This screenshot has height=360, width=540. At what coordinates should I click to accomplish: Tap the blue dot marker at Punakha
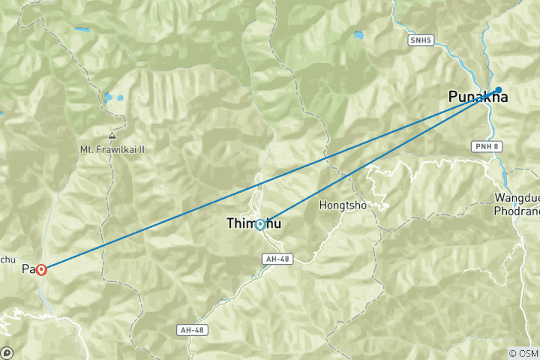point(498,90)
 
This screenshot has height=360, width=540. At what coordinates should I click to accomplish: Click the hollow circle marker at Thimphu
point(259,223)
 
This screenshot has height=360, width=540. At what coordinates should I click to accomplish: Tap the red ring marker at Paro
point(41,269)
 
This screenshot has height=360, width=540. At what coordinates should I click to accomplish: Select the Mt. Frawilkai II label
point(112,149)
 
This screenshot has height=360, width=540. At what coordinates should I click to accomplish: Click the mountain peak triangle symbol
point(112,136)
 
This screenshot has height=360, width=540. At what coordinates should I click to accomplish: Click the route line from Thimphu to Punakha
point(375,158)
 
